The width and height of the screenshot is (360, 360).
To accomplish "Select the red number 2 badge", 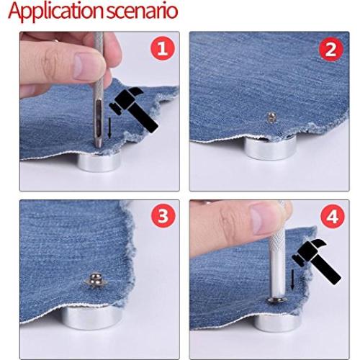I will click(x=330, y=49).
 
